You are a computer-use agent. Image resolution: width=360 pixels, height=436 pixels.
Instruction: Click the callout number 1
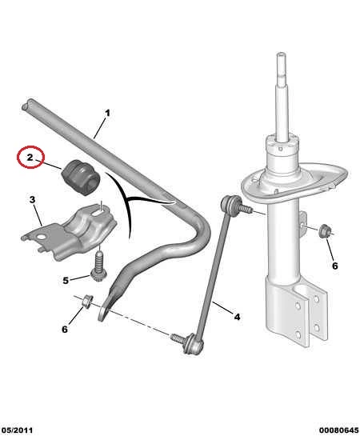(107, 113)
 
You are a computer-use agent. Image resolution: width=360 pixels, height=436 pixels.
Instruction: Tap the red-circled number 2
(30, 157)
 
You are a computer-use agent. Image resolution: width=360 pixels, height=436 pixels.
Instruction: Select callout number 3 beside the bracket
(32, 199)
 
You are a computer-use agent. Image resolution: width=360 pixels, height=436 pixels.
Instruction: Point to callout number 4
(237, 317)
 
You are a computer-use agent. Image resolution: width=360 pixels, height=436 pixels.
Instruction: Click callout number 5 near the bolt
(66, 280)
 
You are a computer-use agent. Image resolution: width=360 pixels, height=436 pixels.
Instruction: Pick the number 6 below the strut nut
(335, 266)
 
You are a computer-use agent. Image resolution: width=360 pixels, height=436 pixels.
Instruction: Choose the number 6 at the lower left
(65, 330)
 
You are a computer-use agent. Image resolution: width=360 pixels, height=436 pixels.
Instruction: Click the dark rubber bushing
(80, 176)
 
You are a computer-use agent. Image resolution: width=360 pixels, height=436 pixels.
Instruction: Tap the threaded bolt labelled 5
(98, 266)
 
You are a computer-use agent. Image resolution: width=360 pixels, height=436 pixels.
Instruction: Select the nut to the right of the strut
(324, 231)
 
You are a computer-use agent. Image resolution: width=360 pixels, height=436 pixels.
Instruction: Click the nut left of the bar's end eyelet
(86, 301)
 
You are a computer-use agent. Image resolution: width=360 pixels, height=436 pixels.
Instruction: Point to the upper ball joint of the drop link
(230, 204)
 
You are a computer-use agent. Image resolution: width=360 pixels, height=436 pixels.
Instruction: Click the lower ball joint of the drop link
(193, 345)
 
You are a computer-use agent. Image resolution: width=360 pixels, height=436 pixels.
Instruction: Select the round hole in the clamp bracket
(42, 237)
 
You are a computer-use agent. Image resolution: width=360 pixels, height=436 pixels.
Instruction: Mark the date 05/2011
(17, 430)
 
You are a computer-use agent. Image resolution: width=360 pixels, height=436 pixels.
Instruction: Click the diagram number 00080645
(338, 430)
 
